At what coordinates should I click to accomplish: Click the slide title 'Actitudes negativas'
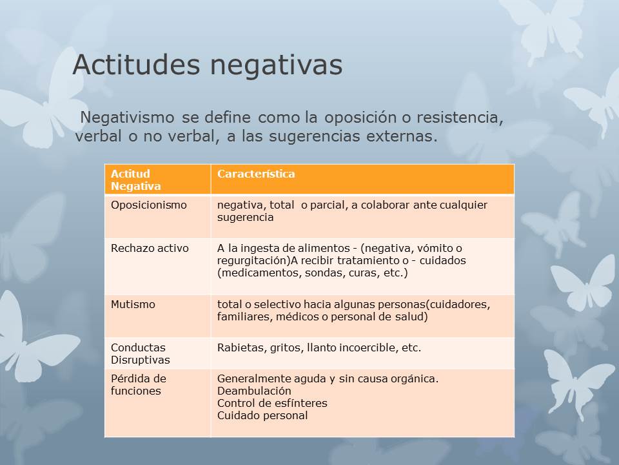pyautogui.click(x=207, y=65)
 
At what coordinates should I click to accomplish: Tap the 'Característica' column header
pyautogui.click(x=256, y=174)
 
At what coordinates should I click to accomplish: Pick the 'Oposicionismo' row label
pyautogui.click(x=149, y=205)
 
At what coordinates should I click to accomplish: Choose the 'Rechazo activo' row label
pyautogui.click(x=150, y=248)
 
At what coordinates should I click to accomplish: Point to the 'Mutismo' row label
pyautogui.click(x=133, y=304)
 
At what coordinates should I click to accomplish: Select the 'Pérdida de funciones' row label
pyautogui.click(x=139, y=385)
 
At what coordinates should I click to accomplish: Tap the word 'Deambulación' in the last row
pyautogui.click(x=254, y=391)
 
